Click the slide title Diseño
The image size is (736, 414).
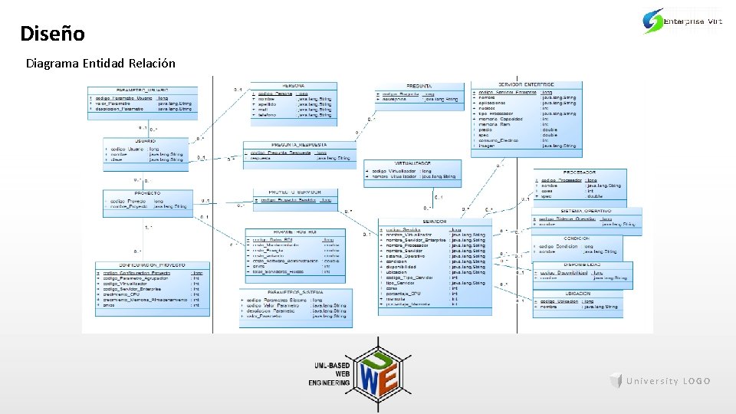pos(52,34)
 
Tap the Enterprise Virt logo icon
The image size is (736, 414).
pos(653,21)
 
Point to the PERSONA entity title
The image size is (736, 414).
pos(292,85)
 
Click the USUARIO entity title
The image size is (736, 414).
pos(146,141)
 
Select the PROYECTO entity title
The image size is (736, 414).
pos(146,193)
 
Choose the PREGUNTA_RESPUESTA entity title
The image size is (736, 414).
pos(300,144)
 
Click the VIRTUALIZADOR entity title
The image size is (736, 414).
pos(412,163)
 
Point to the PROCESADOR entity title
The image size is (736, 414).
pos(580,172)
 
